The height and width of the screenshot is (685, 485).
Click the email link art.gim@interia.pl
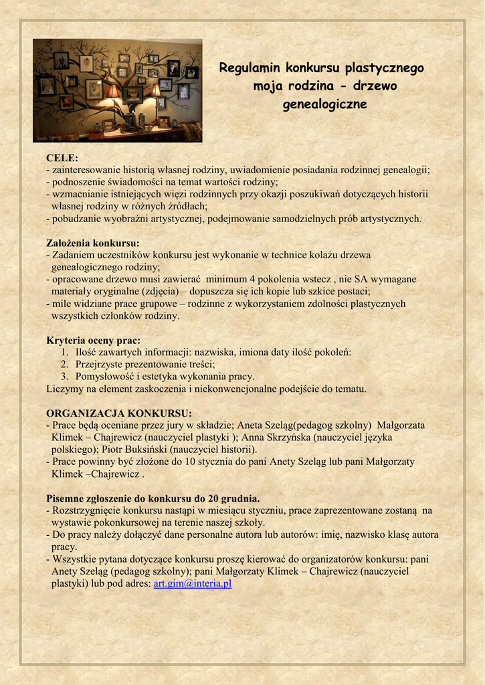click(x=193, y=583)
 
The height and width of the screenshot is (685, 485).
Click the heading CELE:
click(x=62, y=158)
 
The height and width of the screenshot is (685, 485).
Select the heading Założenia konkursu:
click(x=93, y=243)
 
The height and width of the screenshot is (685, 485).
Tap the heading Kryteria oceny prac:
click(x=93, y=340)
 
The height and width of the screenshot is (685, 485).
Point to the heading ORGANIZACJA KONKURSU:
click(x=119, y=413)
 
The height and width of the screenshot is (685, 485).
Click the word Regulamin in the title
click(x=251, y=68)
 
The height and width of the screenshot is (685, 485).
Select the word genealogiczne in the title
click(x=324, y=105)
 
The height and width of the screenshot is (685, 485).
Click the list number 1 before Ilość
click(x=64, y=352)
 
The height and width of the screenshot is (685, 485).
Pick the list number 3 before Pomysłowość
click(x=64, y=376)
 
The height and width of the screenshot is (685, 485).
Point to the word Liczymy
click(x=64, y=388)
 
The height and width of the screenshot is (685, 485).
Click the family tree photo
click(x=117, y=90)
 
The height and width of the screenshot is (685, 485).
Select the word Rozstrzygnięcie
click(x=89, y=510)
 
